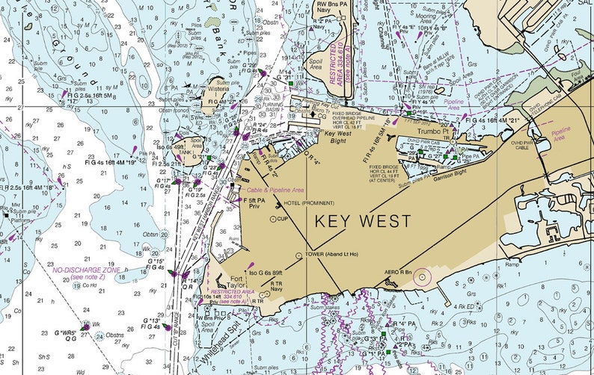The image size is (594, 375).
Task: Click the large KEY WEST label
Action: click(x=363, y=221)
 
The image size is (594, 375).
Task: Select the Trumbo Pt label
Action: click(x=433, y=131)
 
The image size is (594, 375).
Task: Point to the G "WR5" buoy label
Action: click(x=65, y=332)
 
